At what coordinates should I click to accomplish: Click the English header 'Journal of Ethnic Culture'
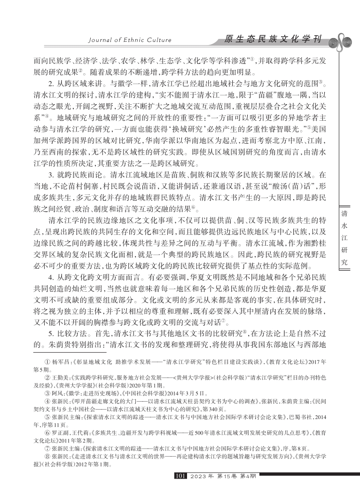click(x=130, y=40)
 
